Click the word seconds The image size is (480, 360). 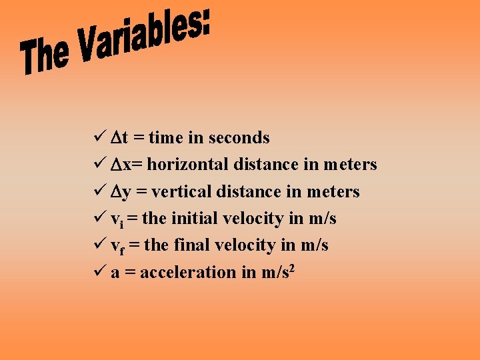[x=239, y=138]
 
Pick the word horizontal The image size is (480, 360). [x=188, y=165]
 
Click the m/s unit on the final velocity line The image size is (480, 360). [x=314, y=245]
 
